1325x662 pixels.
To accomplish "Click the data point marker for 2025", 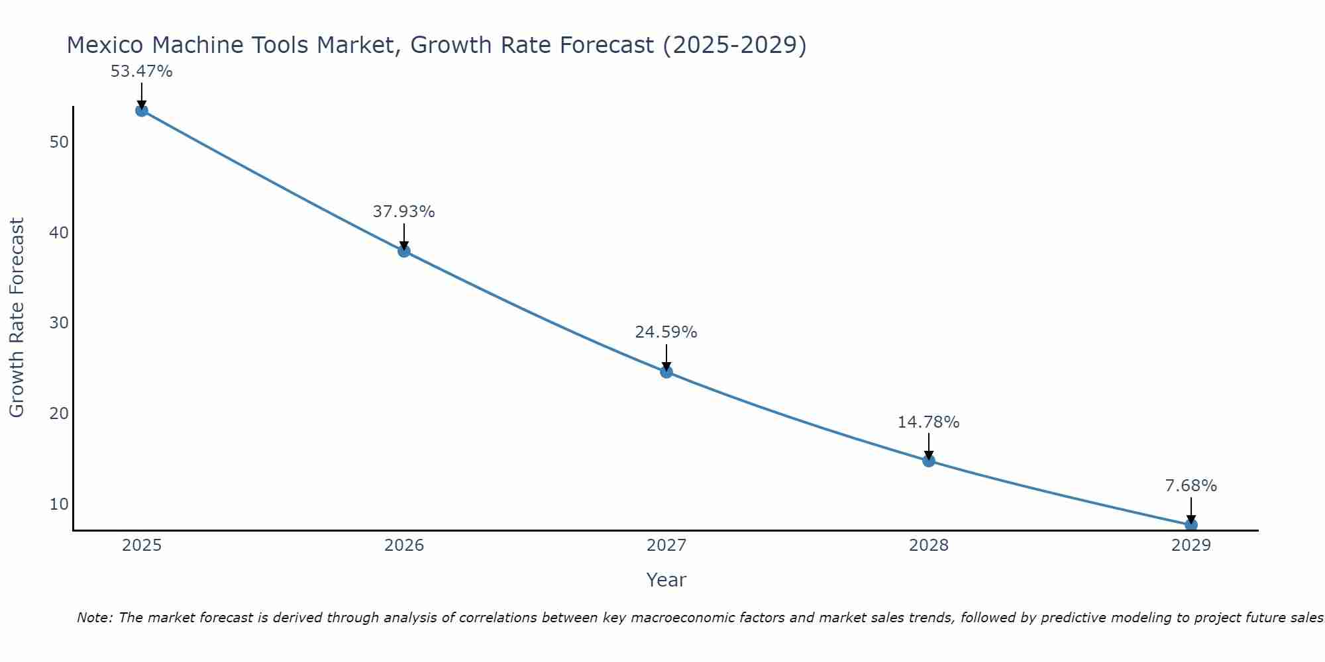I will tap(141, 111).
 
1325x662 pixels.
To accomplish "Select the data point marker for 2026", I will tap(403, 251).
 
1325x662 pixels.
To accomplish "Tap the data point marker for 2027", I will tap(666, 372).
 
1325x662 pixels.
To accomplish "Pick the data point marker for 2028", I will tap(928, 461).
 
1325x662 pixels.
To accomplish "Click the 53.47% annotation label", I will tap(141, 71).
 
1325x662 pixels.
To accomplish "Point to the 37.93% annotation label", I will tap(403, 212).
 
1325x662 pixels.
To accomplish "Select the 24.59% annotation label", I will tap(666, 332).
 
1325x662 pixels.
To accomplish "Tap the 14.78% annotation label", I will tap(928, 422).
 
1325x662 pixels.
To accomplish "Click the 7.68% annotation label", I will tap(1191, 486).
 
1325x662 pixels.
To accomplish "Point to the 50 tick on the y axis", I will tap(59, 142).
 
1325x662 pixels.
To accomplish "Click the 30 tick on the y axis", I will tap(59, 323).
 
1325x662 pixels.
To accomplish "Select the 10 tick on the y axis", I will tap(59, 504).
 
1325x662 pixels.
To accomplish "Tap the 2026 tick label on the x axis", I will tap(404, 545).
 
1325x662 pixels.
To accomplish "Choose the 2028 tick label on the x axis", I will tap(928, 545).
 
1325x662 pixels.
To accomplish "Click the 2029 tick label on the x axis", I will tap(1191, 545).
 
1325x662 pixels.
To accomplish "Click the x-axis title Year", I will tap(666, 580).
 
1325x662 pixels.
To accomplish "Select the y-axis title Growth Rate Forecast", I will tap(17, 318).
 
